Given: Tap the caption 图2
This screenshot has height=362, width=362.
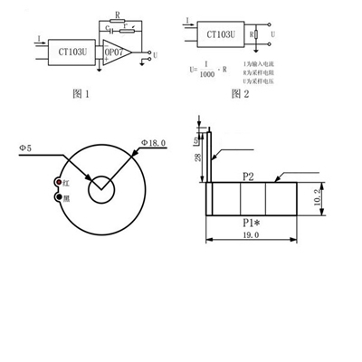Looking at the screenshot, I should pos(240,92).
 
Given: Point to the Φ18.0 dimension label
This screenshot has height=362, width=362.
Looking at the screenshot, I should pos(155,142).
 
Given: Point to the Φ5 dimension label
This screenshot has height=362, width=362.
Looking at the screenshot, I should pos(25,148).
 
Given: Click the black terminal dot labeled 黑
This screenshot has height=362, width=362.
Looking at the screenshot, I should pos(59,196).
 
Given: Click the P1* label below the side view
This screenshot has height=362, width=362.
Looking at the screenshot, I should pos(253,221).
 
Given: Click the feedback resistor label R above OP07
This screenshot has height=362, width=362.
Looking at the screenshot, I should pos(118,15).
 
